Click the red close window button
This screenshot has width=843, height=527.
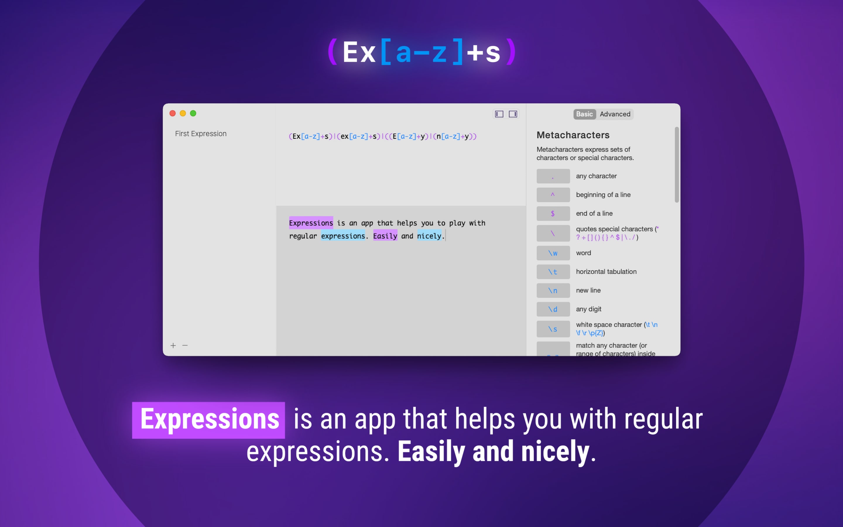(x=172, y=113)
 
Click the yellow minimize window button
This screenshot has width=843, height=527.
(x=183, y=113)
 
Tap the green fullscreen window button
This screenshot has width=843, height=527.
(x=193, y=113)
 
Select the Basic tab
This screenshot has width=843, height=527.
(x=585, y=114)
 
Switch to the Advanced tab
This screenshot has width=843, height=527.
(x=615, y=114)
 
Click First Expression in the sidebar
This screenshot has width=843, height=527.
(x=201, y=134)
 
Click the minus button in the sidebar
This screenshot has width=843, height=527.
(x=185, y=345)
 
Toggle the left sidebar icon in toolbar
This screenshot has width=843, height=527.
(x=499, y=114)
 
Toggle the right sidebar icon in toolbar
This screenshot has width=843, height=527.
(x=513, y=114)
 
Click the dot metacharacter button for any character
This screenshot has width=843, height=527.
(x=553, y=176)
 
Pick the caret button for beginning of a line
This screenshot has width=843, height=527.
(x=553, y=195)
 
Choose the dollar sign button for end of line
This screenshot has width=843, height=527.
(x=553, y=214)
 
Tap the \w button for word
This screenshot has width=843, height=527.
(x=553, y=253)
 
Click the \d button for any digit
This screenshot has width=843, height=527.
(x=553, y=309)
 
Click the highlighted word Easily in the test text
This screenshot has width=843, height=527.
(x=385, y=236)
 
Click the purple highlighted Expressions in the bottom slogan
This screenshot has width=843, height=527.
(x=209, y=420)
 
